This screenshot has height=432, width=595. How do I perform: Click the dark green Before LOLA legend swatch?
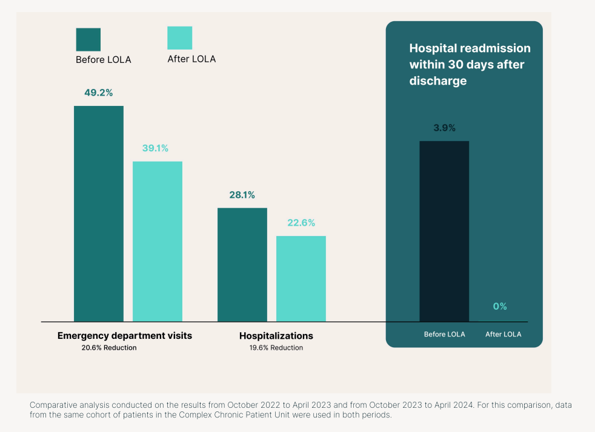coord(88,39)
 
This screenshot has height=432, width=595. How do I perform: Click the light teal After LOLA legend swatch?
coord(179,38)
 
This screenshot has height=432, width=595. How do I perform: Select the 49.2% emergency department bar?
coord(99,213)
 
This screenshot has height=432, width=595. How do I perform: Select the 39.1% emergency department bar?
coord(158,241)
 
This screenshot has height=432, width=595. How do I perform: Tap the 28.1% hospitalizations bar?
coord(242,264)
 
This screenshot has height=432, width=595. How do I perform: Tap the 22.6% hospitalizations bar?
coord(301,278)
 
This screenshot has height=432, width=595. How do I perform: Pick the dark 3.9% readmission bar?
coord(444,231)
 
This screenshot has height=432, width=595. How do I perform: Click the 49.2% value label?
coord(99,93)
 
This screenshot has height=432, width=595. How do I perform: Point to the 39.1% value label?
coord(155,148)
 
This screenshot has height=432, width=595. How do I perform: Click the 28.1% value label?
coord(242,195)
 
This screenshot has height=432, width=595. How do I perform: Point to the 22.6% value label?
coord(301,223)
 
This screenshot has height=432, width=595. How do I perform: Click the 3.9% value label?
coord(444,128)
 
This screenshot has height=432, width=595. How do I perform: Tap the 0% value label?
coord(500,307)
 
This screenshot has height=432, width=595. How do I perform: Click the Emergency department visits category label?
coord(124,335)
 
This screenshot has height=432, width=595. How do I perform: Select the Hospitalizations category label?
coord(276,335)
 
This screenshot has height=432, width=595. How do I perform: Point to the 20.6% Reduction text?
coord(109,348)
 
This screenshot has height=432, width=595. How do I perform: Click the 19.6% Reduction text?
coord(276,348)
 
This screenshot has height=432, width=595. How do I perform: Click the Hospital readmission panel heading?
coord(470,64)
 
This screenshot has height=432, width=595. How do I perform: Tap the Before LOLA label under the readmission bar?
coord(444,334)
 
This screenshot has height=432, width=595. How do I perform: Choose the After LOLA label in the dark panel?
coord(503,334)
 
